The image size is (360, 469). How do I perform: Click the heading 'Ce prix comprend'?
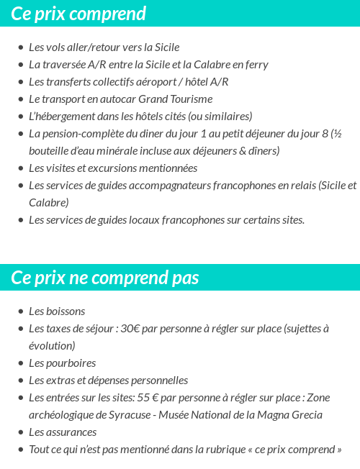[78, 14]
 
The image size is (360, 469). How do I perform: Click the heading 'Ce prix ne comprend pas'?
[105, 278]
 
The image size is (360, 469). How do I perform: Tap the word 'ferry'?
[256, 64]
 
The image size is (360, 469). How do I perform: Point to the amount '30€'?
[130, 328]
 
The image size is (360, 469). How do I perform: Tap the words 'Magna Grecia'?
[291, 414]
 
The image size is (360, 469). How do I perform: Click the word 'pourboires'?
[71, 363]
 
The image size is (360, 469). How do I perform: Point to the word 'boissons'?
[66, 311]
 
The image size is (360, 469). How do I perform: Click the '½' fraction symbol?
[336, 133]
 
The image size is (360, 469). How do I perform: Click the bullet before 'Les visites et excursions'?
[20, 168]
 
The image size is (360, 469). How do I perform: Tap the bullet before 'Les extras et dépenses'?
[20, 381]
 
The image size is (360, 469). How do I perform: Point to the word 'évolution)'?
[52, 345]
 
